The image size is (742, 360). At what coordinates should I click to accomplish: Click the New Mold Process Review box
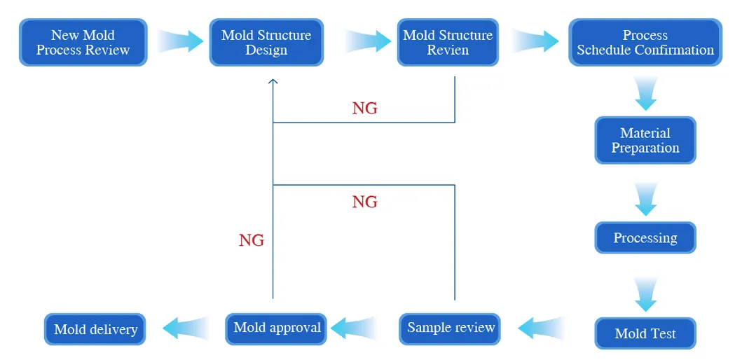coord(83,43)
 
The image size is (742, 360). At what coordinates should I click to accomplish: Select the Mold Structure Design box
coord(266,43)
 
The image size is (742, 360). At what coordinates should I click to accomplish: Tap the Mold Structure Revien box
coord(448,43)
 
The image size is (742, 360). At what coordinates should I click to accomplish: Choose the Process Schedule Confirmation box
coord(645,43)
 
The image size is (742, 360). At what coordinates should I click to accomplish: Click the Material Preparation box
coord(645,140)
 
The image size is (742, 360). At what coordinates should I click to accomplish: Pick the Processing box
coord(645,238)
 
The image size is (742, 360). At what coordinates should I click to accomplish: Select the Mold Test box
coord(645,333)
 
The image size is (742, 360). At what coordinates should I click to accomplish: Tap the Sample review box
coord(451,328)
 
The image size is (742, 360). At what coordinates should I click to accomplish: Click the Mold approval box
coord(277,328)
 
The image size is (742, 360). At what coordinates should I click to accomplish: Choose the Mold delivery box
coord(95,329)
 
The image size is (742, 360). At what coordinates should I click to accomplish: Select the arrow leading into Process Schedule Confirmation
coord(536,41)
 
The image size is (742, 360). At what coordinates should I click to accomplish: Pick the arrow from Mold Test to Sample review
coord(542,328)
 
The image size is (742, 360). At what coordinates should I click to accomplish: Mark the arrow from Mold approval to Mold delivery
coord(186,328)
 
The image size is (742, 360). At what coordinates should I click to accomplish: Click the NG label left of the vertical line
coord(252,240)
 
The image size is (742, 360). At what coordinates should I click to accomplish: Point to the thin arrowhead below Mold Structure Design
coord(273,82)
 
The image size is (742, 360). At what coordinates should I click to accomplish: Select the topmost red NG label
coord(364,108)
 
